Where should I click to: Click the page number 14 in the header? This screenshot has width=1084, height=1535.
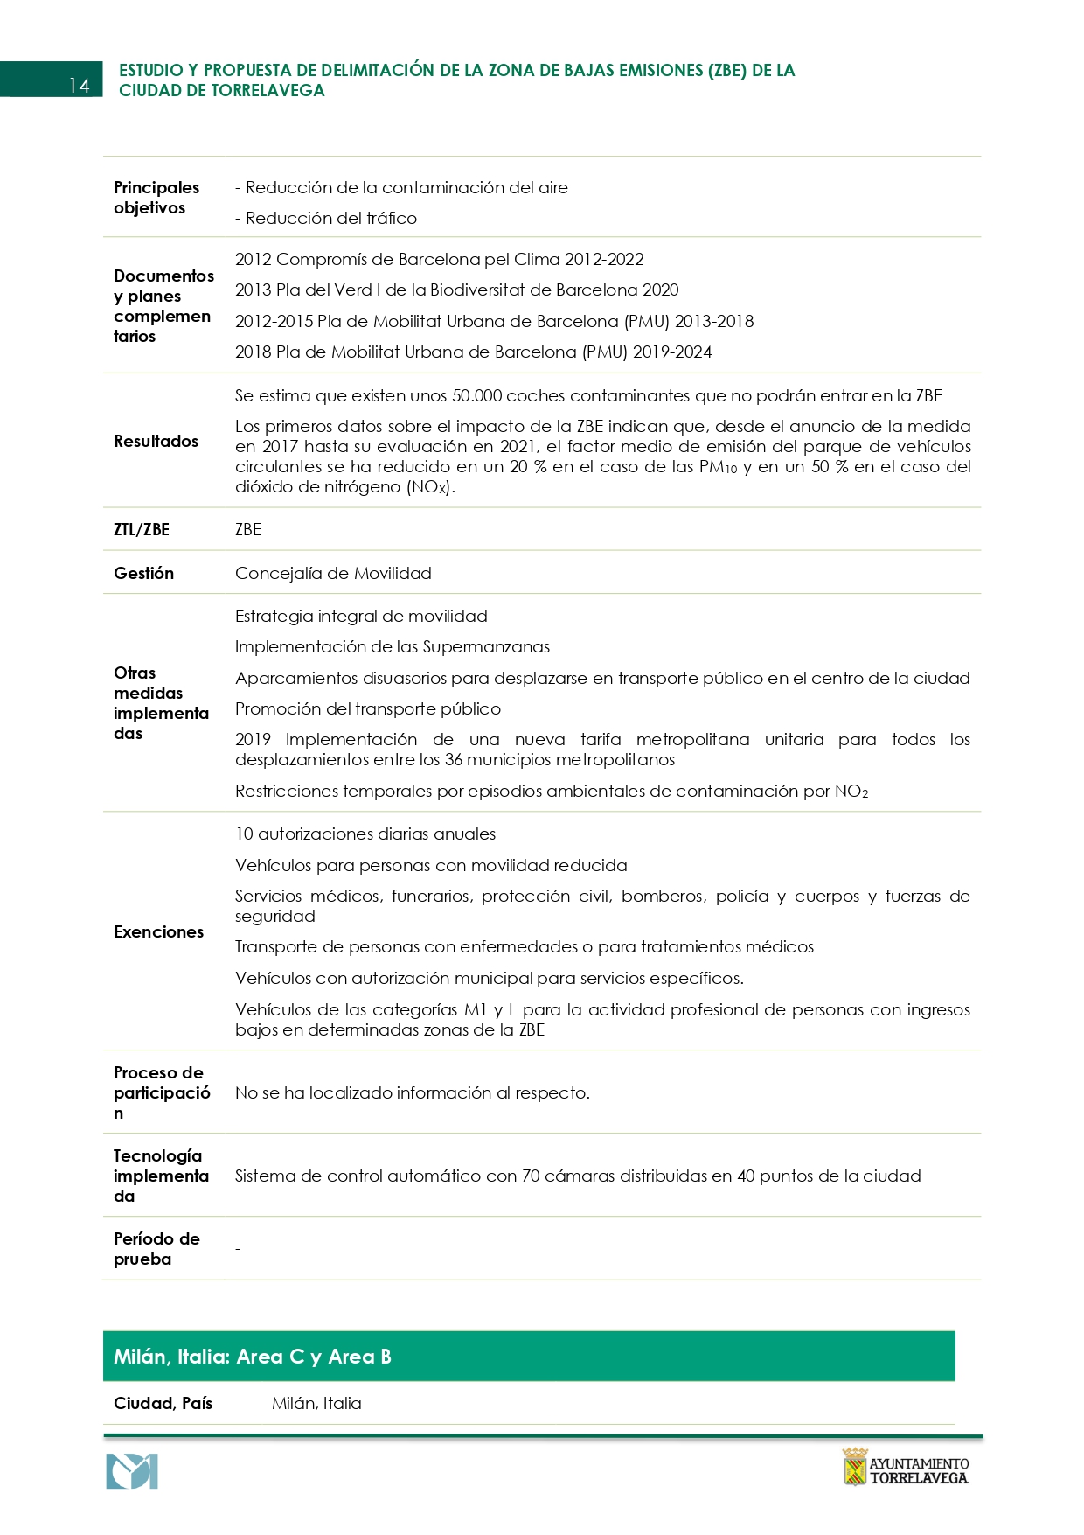(79, 85)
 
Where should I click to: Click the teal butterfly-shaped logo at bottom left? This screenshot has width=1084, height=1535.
(132, 1471)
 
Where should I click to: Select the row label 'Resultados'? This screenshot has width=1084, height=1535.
(156, 442)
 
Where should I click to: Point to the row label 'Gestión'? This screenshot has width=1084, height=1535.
(143, 574)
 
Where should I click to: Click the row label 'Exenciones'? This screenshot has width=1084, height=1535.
(158, 932)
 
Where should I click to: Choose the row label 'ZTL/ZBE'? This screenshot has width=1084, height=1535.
(142, 530)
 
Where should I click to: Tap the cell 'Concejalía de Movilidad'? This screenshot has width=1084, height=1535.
(333, 574)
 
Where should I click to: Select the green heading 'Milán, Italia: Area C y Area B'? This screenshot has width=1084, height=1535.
(253, 1357)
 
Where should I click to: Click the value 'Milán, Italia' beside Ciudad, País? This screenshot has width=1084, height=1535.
(316, 1404)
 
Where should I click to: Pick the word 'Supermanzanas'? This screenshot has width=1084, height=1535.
(486, 647)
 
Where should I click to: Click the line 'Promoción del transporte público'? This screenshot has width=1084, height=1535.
(368, 709)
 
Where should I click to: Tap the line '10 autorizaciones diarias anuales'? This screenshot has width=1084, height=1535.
(365, 834)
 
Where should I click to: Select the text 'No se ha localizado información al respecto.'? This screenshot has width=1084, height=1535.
(413, 1093)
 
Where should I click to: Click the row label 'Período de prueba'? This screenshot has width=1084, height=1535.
(156, 1249)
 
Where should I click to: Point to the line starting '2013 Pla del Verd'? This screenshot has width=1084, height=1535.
(456, 290)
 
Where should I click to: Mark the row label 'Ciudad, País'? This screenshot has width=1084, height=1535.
(163, 1404)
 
